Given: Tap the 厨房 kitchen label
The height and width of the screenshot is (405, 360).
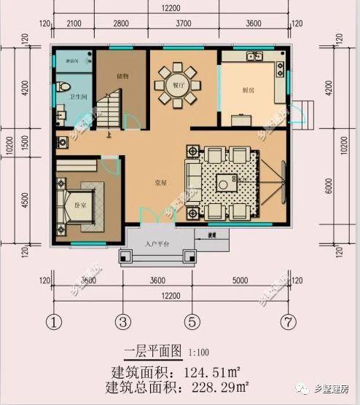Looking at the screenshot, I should coord(248,90).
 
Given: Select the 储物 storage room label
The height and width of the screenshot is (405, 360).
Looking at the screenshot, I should coord(122,75).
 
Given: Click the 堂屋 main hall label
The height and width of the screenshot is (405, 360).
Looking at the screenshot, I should coord(161,183).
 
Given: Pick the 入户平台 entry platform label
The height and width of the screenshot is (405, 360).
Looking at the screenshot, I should coord(157,244).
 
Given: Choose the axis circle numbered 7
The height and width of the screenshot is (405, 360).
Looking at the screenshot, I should coord(291,321).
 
